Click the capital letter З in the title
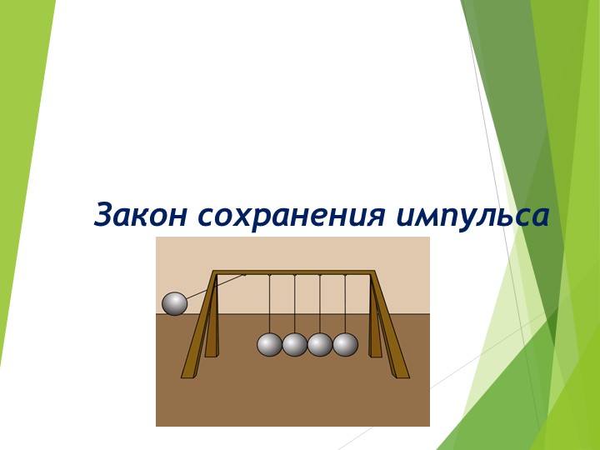pos(104,215)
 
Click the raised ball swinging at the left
pos(175,304)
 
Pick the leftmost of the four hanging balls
pos(269,344)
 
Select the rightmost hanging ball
pos(345,344)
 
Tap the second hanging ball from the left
pos(295,344)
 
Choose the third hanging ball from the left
pos(320,344)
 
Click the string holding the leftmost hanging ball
pos(269,304)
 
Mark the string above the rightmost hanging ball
pos(345,304)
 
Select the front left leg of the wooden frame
pos(201,329)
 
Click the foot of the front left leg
pos(188,374)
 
